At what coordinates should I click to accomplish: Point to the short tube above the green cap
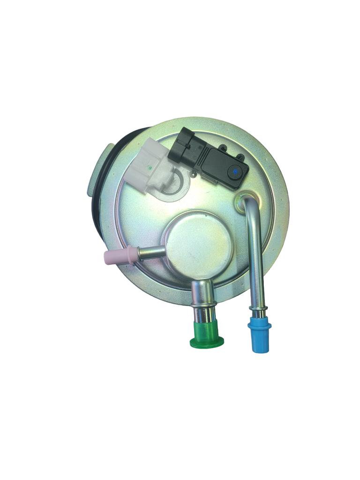coord(202,293)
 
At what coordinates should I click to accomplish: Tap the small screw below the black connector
coord(193,175)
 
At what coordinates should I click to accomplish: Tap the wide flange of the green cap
coord(207,342)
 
